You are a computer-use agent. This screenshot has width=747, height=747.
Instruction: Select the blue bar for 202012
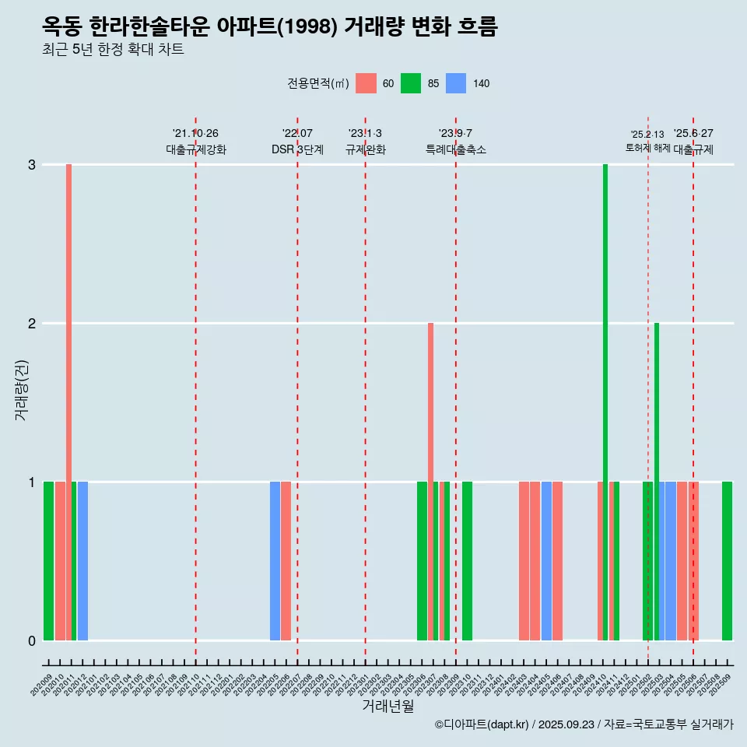click(x=82, y=560)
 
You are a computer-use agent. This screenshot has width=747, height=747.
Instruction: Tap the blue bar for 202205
click(x=275, y=560)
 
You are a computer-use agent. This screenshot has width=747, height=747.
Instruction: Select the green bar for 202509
click(x=727, y=560)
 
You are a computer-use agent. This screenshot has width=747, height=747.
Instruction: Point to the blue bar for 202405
click(x=546, y=560)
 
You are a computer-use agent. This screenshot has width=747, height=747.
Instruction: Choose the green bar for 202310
click(x=467, y=560)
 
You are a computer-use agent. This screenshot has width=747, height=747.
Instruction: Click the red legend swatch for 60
click(x=366, y=83)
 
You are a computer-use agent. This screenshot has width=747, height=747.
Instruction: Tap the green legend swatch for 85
click(x=411, y=83)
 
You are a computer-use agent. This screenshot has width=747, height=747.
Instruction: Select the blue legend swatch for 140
click(x=456, y=83)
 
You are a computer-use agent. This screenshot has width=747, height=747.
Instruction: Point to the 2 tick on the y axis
click(x=32, y=324)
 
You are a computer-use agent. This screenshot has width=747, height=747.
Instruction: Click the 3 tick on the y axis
click(x=32, y=165)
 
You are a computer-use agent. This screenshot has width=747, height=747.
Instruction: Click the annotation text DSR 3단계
click(x=297, y=149)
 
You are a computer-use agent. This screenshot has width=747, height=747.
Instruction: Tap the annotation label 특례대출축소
click(x=456, y=149)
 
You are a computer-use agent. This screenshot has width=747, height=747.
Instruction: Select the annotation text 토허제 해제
click(x=647, y=148)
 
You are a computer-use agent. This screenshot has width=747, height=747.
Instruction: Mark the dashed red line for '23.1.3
click(x=365, y=389)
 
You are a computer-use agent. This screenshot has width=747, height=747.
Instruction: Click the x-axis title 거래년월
click(x=388, y=706)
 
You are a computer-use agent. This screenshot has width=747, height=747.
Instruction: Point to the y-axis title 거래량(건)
click(x=22, y=389)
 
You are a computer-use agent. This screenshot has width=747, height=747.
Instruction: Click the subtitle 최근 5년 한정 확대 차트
click(x=113, y=50)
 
